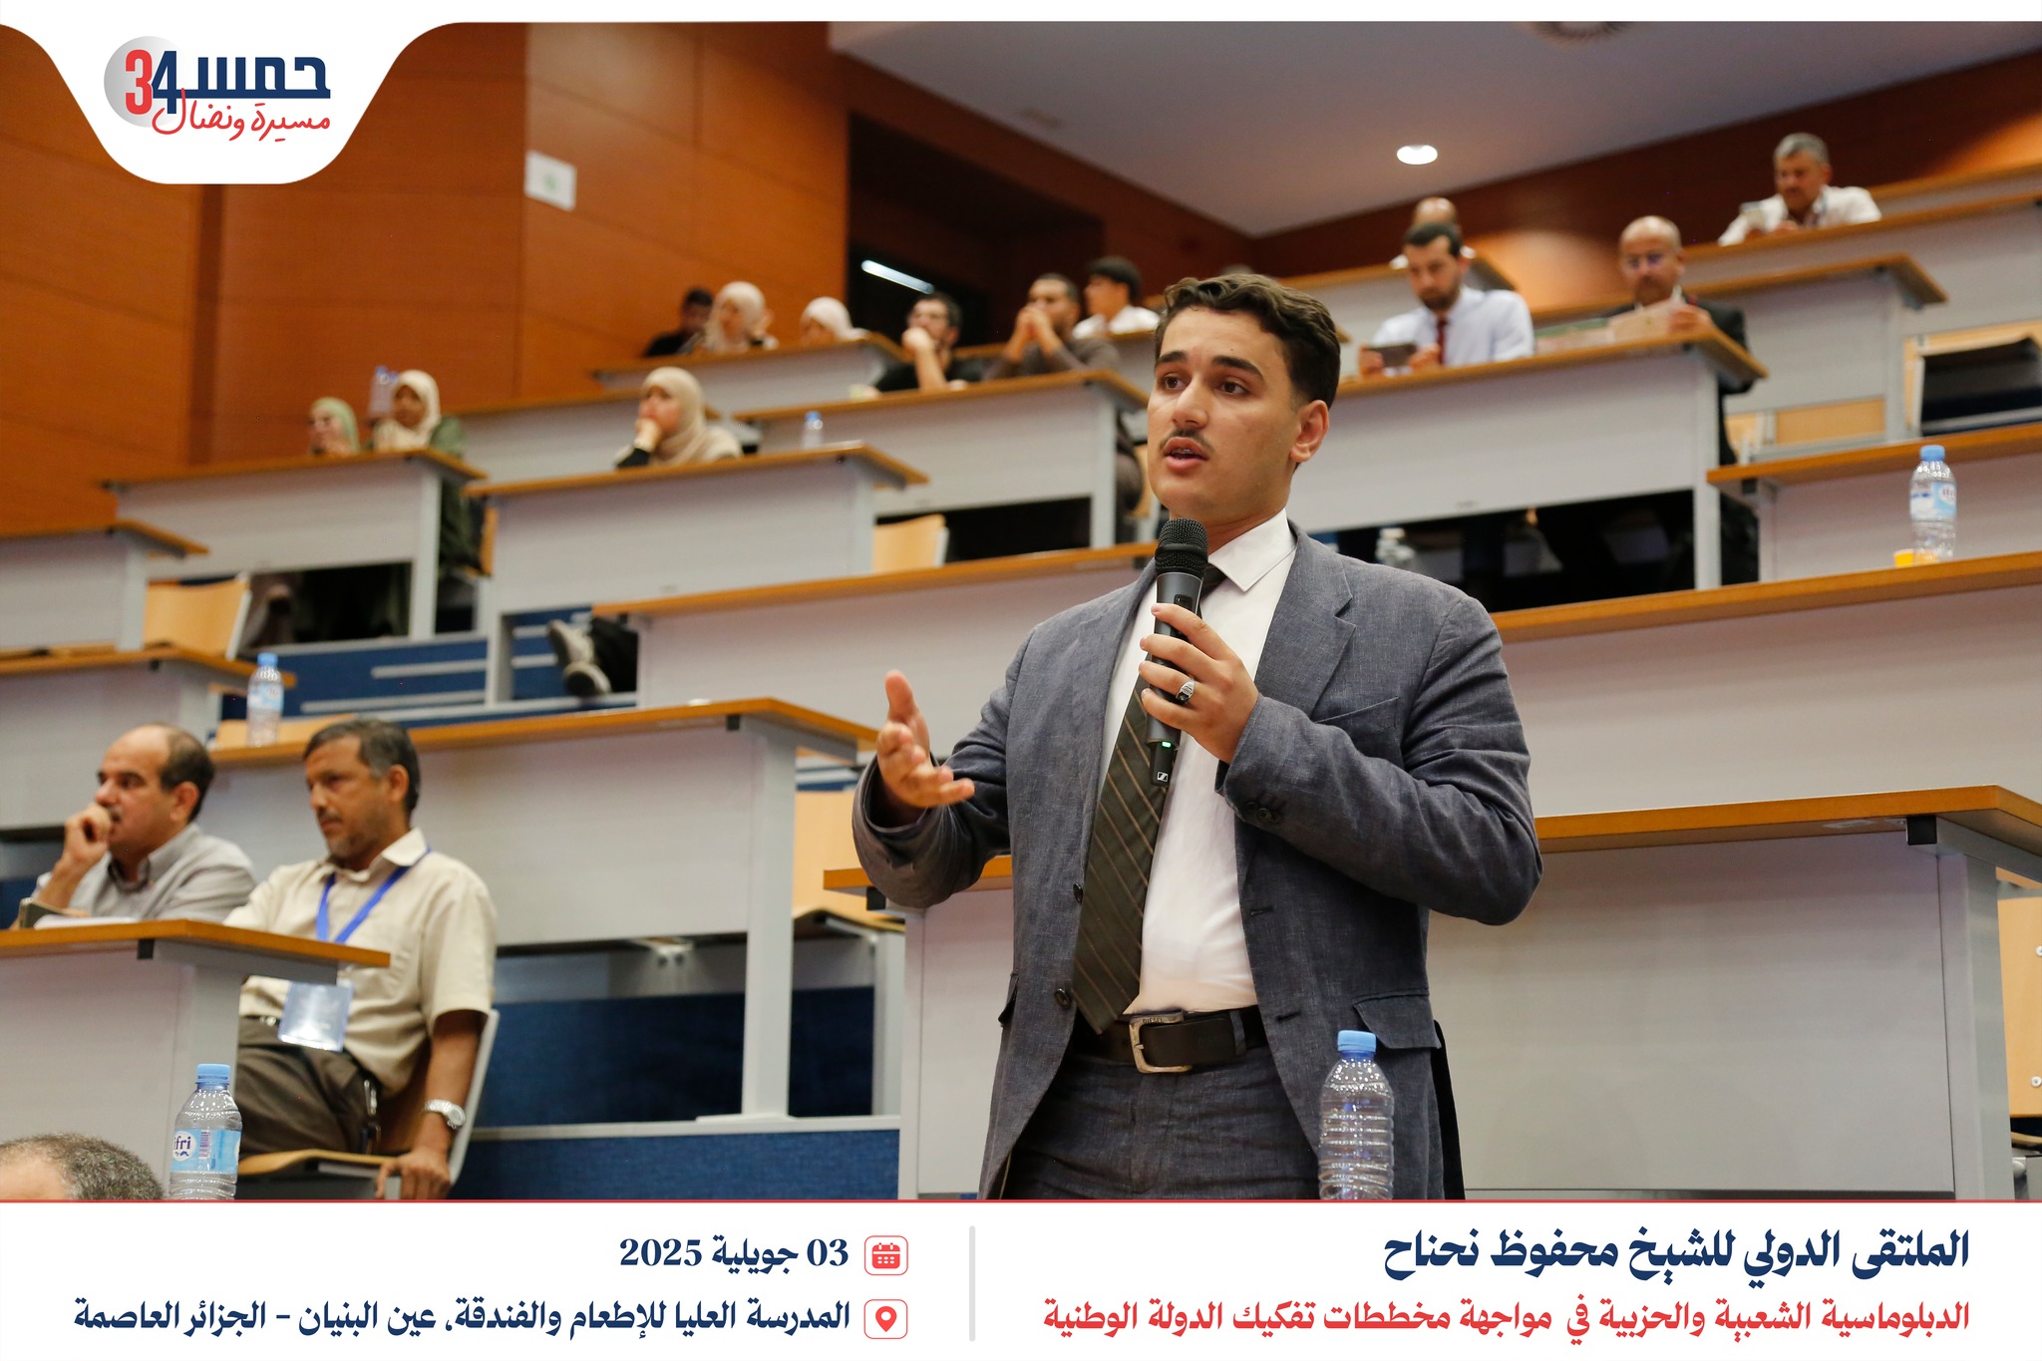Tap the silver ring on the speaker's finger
click(x=1186, y=690)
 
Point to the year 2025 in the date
click(x=660, y=1253)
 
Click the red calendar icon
click(x=885, y=1254)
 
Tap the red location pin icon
click(x=885, y=1317)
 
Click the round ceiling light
click(x=1416, y=155)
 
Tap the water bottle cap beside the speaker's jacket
click(x=1356, y=1043)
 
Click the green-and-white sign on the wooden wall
click(x=550, y=180)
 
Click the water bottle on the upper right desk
click(x=1932, y=503)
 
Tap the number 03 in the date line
click(x=827, y=1253)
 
